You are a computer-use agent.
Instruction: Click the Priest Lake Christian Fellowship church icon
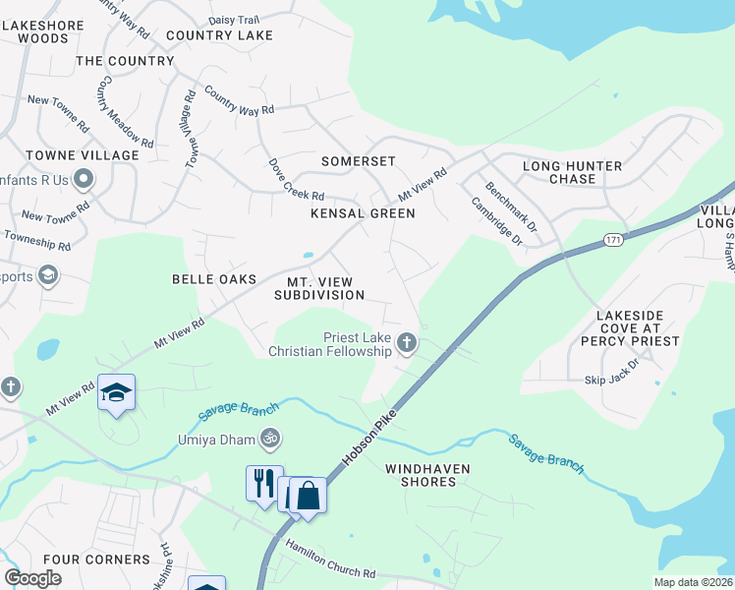[407, 343]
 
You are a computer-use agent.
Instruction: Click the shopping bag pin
[308, 496]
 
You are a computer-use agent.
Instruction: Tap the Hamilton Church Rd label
[330, 559]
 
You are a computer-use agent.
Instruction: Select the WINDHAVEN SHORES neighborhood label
[421, 475]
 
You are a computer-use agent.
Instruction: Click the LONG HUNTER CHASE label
[573, 172]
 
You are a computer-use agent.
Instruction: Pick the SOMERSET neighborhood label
[359, 160]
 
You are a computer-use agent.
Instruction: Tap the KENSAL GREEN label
[363, 213]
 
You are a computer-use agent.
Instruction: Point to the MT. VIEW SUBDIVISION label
[319, 288]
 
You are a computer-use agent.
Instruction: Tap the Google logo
[32, 578]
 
